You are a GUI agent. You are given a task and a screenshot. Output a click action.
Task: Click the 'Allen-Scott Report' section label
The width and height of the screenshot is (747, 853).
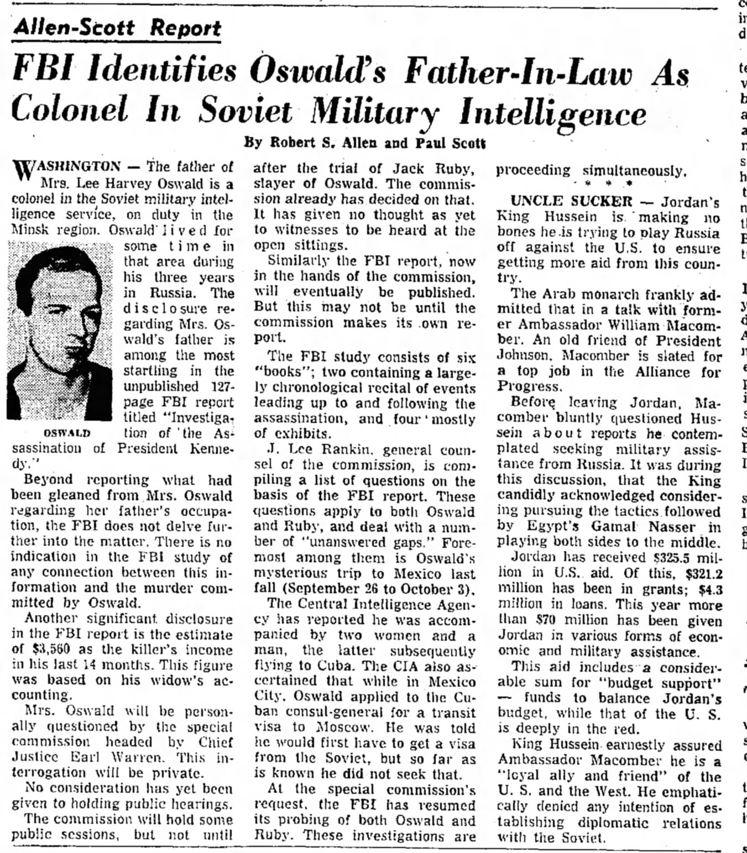pos(117,28)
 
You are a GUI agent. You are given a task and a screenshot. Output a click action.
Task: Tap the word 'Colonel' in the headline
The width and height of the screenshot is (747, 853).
pos(70,109)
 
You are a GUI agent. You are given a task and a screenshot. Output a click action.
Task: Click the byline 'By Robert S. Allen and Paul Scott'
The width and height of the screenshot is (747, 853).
pos(365,143)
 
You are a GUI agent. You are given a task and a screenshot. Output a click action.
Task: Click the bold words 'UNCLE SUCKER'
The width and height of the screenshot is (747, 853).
pos(571,201)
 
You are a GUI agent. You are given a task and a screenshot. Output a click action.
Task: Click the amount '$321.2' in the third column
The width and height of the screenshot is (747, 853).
pos(703,573)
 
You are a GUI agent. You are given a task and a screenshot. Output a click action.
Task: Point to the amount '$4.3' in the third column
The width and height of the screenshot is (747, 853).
pos(710,589)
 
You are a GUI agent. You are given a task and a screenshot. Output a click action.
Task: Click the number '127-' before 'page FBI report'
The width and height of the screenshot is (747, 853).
pos(221,386)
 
